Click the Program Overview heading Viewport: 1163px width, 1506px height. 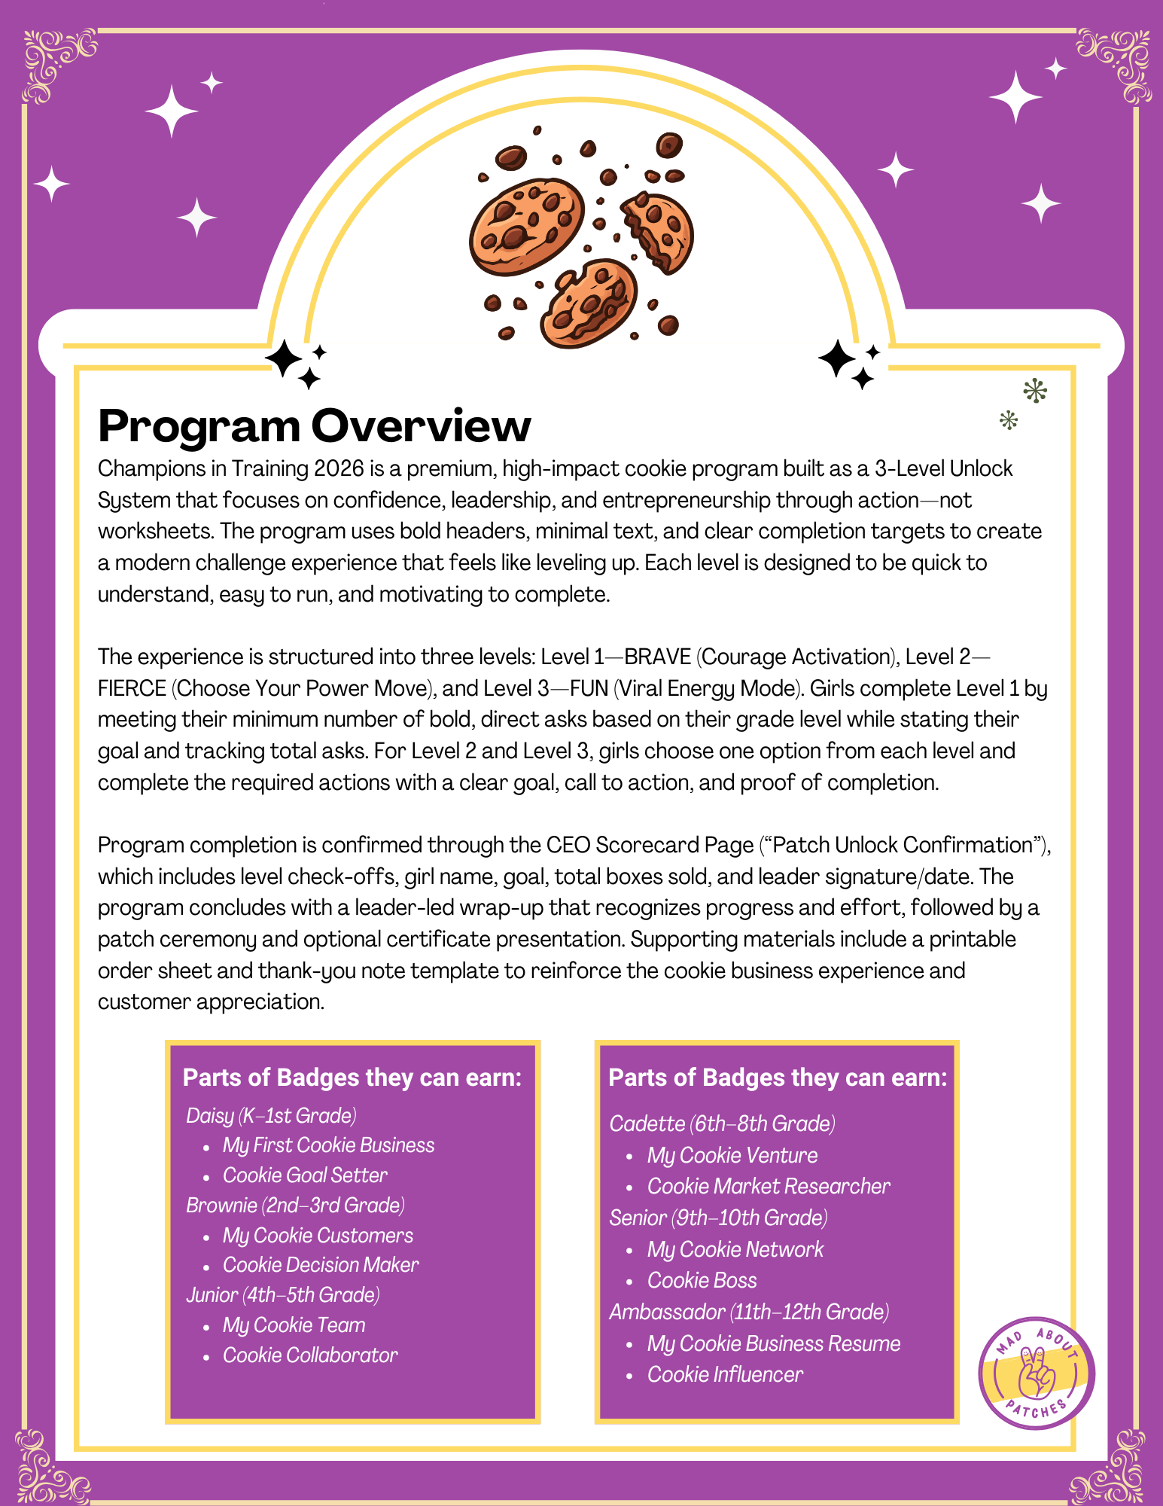(314, 426)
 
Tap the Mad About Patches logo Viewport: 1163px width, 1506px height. (1037, 1373)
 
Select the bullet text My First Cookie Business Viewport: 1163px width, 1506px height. (328, 1145)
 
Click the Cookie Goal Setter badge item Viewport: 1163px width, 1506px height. (305, 1175)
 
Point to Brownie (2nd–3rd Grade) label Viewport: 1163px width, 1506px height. (295, 1206)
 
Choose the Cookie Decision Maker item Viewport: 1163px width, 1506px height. (321, 1265)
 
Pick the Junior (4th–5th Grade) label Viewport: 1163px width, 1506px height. (282, 1295)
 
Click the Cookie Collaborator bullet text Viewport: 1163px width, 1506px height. (310, 1355)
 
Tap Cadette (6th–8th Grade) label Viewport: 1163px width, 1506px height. (722, 1124)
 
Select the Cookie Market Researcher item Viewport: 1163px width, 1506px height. (768, 1187)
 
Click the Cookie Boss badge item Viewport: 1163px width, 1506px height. (702, 1281)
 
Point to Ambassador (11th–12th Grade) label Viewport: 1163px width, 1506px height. (749, 1312)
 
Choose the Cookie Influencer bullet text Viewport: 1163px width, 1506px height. (725, 1375)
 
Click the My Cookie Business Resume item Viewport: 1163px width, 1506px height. (773, 1344)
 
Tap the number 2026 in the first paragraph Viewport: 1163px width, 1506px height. (339, 469)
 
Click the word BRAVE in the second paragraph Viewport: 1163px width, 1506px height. (657, 657)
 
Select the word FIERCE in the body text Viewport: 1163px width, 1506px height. (132, 689)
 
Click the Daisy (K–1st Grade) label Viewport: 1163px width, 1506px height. (271, 1116)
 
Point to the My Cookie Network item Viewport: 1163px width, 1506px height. (735, 1250)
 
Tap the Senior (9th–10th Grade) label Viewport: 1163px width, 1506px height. (718, 1218)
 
